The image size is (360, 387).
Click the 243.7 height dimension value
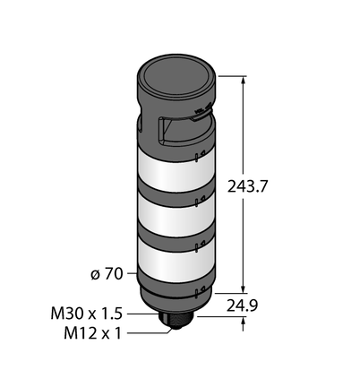coord(246,186)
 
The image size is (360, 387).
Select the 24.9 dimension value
coord(242,305)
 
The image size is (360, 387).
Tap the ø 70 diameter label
coord(107,274)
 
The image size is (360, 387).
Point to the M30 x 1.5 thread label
coord(87,314)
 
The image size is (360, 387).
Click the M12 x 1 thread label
coord(93,333)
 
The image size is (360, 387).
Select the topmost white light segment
coord(176,170)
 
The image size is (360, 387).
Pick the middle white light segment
coord(176,214)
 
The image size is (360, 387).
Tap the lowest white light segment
coord(176,258)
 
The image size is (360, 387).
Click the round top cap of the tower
coord(176,77)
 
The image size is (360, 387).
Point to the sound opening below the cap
coord(183,128)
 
